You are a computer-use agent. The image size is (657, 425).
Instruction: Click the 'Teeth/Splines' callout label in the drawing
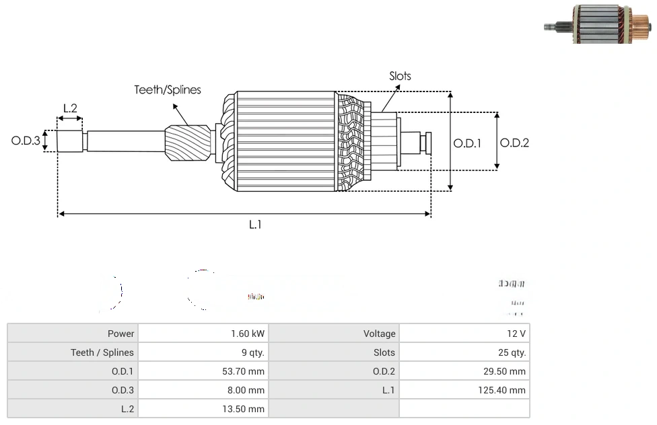click(x=167, y=89)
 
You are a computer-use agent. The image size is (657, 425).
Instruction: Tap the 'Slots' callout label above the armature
click(x=400, y=76)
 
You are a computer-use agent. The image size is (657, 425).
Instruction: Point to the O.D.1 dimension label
click(x=467, y=143)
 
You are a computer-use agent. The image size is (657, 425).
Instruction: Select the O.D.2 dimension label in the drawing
click(x=515, y=143)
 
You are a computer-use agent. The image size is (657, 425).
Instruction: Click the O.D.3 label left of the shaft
click(x=26, y=141)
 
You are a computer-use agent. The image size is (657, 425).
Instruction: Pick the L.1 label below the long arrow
click(x=255, y=225)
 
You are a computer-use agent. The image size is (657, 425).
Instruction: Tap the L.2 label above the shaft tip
click(x=70, y=108)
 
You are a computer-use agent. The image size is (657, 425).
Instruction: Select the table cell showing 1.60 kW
click(x=247, y=334)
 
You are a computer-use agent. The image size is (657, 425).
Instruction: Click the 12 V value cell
click(x=517, y=334)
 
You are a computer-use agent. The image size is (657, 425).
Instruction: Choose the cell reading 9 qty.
click(x=252, y=352)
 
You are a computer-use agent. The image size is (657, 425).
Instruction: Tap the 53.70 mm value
click(x=244, y=371)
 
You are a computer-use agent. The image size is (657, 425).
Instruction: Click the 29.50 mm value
click(x=506, y=371)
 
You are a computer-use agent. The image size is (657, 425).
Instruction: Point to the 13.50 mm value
click(x=244, y=409)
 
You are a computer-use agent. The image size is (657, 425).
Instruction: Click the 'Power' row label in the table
click(x=120, y=334)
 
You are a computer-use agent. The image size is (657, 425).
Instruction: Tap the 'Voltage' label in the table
click(x=380, y=334)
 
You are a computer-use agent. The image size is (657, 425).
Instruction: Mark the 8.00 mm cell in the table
click(x=247, y=390)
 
